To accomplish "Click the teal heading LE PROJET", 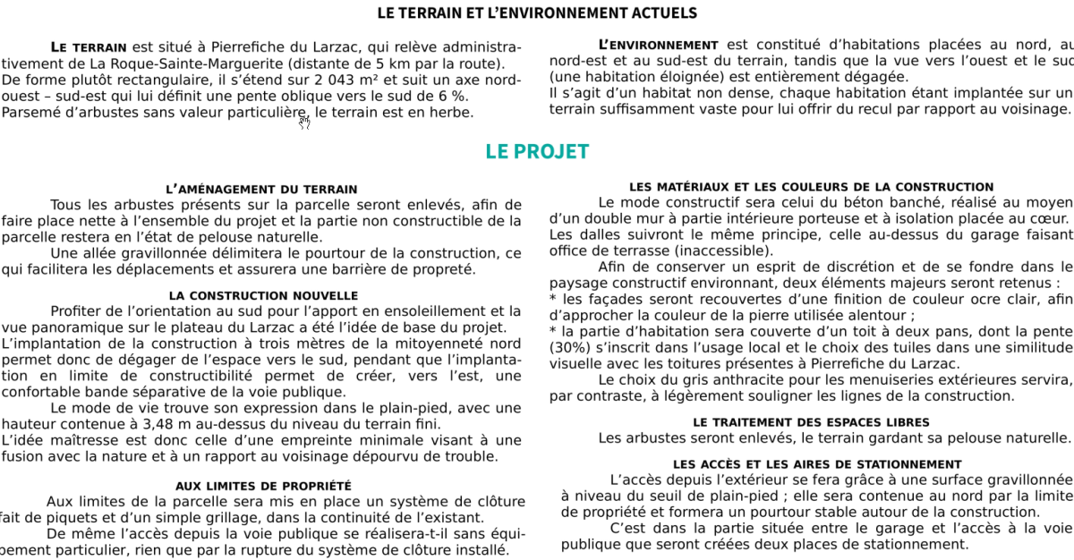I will point(537,151).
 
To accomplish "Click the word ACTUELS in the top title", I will point(664,13).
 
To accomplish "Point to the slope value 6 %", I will point(453,96).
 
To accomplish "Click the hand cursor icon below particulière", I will point(304,123).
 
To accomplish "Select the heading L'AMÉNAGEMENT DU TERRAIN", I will point(261,189).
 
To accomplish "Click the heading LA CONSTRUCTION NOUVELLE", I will point(263,295).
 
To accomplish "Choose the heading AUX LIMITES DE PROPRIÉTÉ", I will point(263,486).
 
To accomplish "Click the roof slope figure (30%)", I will point(567,347).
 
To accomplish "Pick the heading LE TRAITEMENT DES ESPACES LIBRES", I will point(811,422).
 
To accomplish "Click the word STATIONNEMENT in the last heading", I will point(910,464).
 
